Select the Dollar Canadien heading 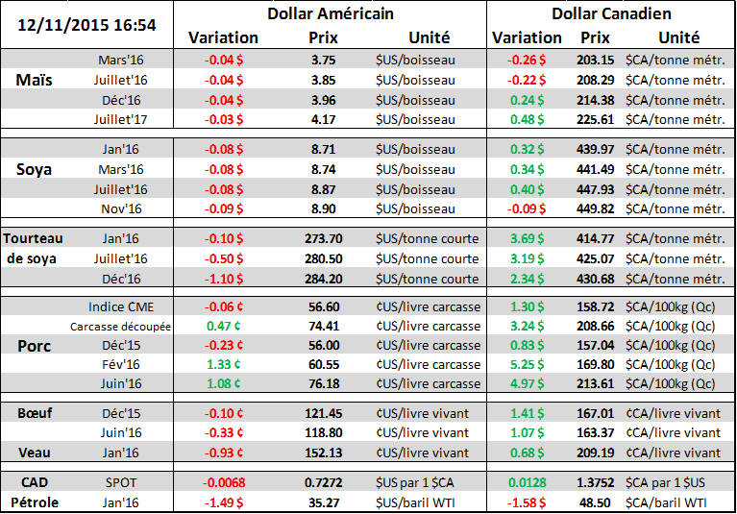pos(611,13)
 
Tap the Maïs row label pos(36,80)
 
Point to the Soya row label pos(36,169)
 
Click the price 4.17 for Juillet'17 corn pos(323,119)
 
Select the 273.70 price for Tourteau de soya pos(323,238)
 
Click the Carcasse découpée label pos(120,327)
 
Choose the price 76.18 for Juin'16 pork pos(323,383)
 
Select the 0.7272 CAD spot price pos(323,479)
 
